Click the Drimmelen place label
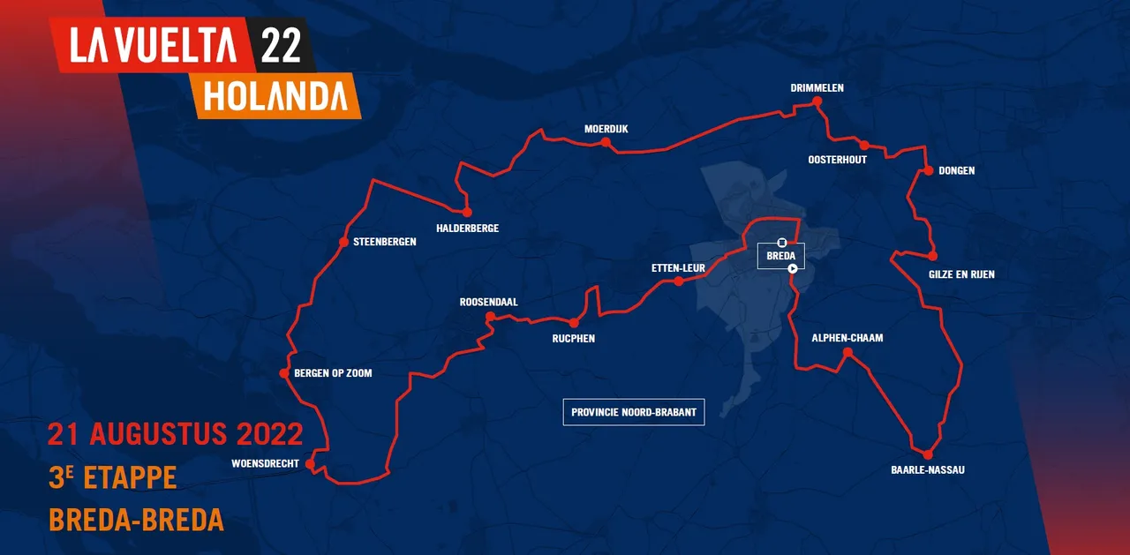coord(817,88)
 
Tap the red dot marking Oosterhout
coord(864,146)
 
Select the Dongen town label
coord(957,170)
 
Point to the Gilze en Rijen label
coord(961,274)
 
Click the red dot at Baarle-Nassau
coord(928,454)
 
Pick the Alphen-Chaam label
coord(847,338)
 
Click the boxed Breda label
coord(781,256)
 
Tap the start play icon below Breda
coord(793,268)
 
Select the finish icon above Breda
coord(781,242)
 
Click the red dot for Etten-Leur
coord(678,281)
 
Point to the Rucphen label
coord(573,339)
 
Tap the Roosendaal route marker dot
coord(489,318)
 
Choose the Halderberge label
coord(467,229)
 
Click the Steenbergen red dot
coord(343,242)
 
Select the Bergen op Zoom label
coord(332,373)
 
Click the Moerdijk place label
coord(606,129)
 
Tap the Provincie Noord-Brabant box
coord(634,412)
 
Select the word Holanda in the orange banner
coord(276,96)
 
